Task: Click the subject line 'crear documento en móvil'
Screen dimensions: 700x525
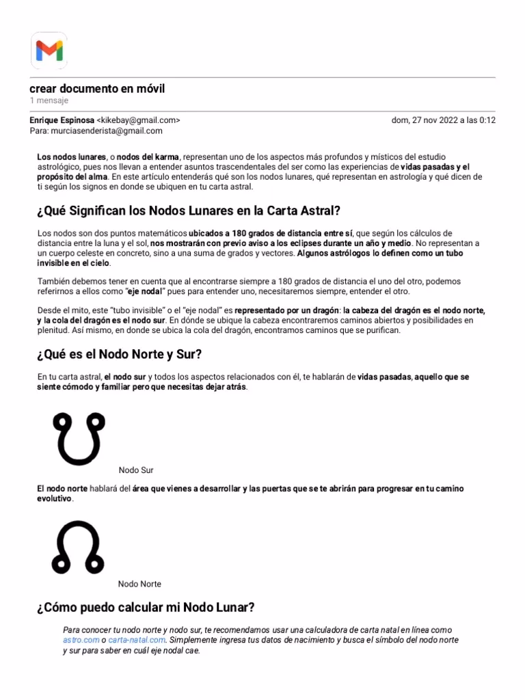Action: pyautogui.click(x=97, y=89)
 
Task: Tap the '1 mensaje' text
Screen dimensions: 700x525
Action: pyautogui.click(x=49, y=100)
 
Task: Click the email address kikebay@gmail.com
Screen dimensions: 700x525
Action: pyautogui.click(x=139, y=120)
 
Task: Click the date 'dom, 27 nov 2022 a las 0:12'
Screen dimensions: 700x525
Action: pyautogui.click(x=443, y=120)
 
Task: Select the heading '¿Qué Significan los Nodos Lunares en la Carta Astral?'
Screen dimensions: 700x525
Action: pyautogui.click(x=189, y=211)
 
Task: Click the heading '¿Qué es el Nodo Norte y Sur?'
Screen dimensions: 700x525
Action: pyautogui.click(x=120, y=354)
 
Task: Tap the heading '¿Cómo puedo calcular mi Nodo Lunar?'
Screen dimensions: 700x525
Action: pyautogui.click(x=146, y=607)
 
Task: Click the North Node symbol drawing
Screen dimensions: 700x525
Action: pyautogui.click(x=77, y=547)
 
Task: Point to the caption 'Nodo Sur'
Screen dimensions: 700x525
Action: pyautogui.click(x=136, y=470)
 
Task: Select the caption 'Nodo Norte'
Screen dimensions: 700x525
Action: pyautogui.click(x=139, y=584)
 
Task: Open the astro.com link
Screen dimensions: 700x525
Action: pyautogui.click(x=81, y=640)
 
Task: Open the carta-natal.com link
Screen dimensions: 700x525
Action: pyautogui.click(x=137, y=640)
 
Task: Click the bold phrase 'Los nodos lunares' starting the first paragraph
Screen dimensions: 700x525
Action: pyautogui.click(x=72, y=157)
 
